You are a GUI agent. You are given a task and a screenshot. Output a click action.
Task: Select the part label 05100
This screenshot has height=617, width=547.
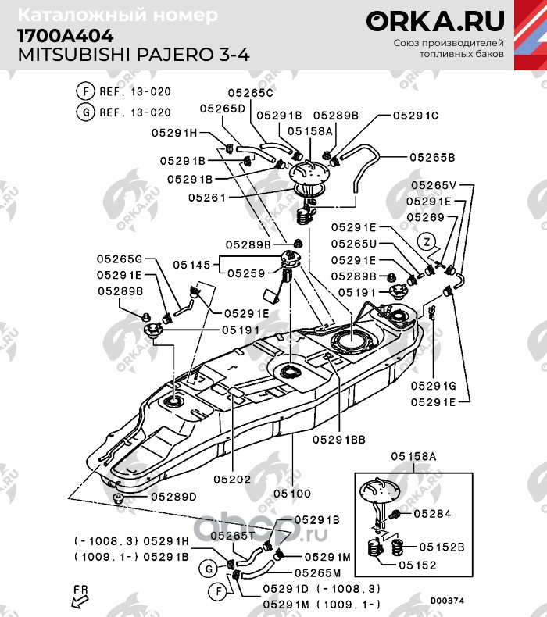pos(293,494)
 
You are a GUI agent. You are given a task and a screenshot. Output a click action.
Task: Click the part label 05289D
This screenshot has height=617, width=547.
pos(173,496)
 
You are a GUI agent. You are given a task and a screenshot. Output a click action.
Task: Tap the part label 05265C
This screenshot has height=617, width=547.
pos(251,93)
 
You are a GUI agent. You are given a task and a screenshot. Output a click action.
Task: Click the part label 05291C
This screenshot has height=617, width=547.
pos(416,116)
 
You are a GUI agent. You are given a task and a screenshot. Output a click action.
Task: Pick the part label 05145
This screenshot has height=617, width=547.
pos(190,266)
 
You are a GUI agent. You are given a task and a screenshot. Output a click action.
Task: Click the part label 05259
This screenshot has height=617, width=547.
pos(246,273)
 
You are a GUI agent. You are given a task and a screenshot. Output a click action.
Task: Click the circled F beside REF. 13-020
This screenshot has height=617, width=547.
pos(83,91)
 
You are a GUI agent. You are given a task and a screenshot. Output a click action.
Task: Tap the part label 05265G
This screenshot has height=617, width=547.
pos(120,259)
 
